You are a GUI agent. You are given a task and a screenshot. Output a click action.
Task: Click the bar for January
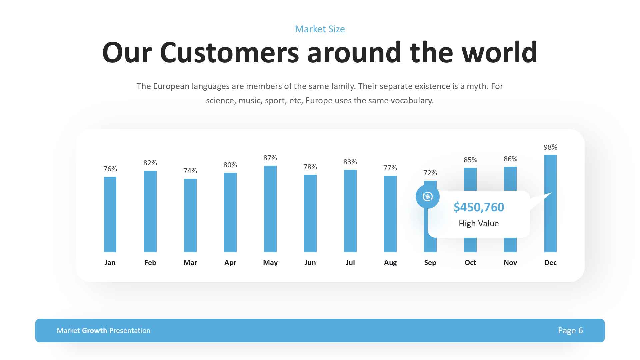[110, 214]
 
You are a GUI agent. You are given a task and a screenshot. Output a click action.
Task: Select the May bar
[270, 209]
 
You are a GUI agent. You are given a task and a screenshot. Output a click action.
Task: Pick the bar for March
[190, 215]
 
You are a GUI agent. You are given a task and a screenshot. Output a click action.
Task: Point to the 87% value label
[270, 158]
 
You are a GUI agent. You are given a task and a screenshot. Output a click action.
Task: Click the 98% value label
[550, 147]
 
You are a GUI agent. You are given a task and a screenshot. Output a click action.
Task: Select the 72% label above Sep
[430, 173]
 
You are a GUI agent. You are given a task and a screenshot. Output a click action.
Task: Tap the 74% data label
[190, 171]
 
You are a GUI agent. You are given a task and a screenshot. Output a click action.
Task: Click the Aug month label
[390, 263]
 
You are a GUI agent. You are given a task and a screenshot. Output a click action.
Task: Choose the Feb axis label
[150, 263]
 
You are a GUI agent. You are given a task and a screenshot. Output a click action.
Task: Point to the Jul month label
[350, 263]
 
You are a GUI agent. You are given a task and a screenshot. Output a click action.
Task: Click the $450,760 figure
[479, 207]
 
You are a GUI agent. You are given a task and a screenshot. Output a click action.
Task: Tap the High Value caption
[479, 223]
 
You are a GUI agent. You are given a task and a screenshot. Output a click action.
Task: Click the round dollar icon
[427, 197]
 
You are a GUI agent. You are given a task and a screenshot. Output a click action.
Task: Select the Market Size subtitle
[320, 29]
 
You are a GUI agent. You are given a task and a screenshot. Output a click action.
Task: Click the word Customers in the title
[229, 53]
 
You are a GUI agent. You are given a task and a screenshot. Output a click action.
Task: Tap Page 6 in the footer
[570, 330]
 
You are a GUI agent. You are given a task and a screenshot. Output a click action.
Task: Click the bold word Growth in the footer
[95, 330]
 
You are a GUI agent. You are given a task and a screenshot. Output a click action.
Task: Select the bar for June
[310, 213]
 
